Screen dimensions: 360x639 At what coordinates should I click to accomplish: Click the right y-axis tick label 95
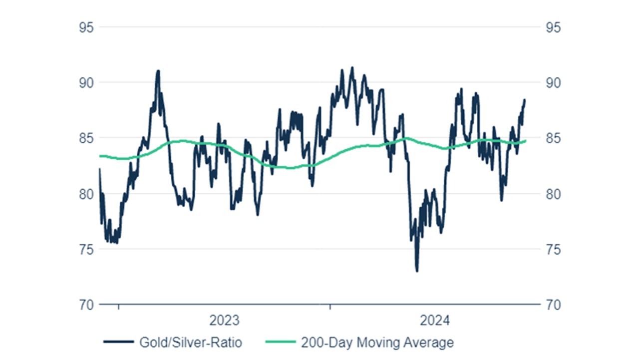(x=554, y=27)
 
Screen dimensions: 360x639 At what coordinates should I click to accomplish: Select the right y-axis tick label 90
(x=554, y=82)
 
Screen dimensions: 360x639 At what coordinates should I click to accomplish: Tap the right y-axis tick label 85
(x=554, y=138)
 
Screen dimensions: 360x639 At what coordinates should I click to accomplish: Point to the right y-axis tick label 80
(x=554, y=194)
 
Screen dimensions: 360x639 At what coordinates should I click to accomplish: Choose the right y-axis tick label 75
(x=554, y=249)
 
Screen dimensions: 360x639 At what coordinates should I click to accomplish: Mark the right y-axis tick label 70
(x=554, y=305)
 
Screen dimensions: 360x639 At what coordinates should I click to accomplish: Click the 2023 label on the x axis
(x=224, y=320)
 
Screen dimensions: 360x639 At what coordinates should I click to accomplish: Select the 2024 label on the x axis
(x=435, y=320)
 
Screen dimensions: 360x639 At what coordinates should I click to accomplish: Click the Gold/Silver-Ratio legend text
(x=191, y=343)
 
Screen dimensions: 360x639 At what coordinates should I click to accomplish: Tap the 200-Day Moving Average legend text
(x=377, y=343)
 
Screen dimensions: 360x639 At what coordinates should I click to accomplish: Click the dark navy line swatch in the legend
(x=119, y=343)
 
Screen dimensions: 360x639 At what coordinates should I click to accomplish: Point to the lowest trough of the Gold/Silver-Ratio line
(x=417, y=271)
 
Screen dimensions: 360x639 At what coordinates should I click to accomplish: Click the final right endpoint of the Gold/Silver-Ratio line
(x=525, y=100)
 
